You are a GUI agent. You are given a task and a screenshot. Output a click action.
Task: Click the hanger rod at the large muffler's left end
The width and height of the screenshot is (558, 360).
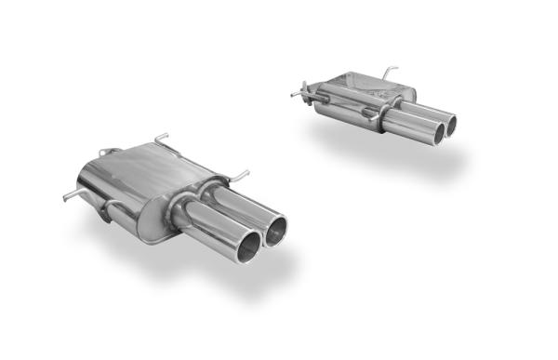pos(70,195)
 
